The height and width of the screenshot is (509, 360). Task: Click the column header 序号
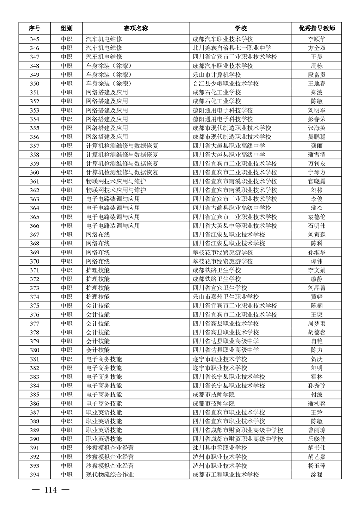pos(35,28)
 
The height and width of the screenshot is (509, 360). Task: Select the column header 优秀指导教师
pos(316,28)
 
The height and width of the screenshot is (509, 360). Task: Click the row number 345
pos(35,39)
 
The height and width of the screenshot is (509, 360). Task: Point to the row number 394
pos(35,475)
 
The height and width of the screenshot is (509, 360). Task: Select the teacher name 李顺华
pos(316,39)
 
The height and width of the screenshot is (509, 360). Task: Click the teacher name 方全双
pos(316,48)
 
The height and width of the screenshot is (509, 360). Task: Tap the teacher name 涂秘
pos(316,475)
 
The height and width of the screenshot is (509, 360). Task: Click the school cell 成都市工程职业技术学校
pos(226,475)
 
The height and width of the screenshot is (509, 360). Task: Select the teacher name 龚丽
pos(316,146)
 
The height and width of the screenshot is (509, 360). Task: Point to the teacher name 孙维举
pos(316,252)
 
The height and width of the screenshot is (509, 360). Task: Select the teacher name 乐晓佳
pos(316,439)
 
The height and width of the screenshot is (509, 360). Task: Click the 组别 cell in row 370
pos(66,261)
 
